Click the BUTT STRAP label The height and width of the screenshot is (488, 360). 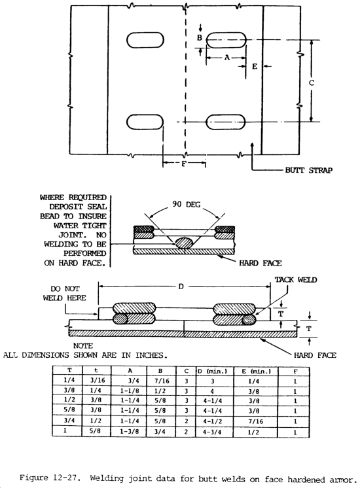pos(308,170)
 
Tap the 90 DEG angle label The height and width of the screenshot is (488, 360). pos(187,204)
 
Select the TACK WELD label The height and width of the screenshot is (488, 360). pos(296,280)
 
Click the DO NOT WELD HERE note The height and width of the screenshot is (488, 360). pos(64,293)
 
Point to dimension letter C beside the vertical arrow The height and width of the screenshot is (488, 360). pos(312,83)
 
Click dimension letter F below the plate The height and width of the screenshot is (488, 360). pos(184,163)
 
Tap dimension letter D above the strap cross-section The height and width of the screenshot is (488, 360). pos(181,287)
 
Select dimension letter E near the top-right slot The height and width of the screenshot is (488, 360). pos(255,66)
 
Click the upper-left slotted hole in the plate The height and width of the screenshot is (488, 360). pos(145,40)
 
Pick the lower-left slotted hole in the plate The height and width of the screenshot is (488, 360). pos(145,122)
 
